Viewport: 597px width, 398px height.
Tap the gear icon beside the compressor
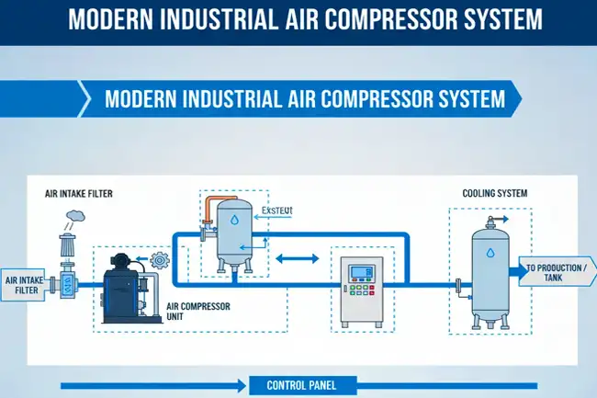click(158, 260)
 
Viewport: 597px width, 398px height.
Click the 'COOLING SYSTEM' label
click(494, 194)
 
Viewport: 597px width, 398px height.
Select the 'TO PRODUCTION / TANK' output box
click(555, 273)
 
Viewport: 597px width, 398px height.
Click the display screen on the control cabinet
click(360, 273)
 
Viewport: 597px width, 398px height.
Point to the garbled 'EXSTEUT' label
click(276, 210)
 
